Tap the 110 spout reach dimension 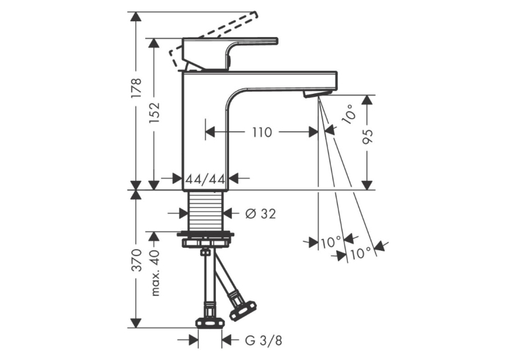pyautogui.click(x=262, y=132)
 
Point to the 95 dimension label pyautogui.click(x=367, y=136)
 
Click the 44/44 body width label pyautogui.click(x=205, y=178)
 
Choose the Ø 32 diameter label pyautogui.click(x=260, y=213)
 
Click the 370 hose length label pyautogui.click(x=136, y=260)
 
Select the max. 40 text pyautogui.click(x=154, y=273)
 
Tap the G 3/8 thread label pyautogui.click(x=263, y=340)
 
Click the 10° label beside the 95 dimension pyautogui.click(x=349, y=114)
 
